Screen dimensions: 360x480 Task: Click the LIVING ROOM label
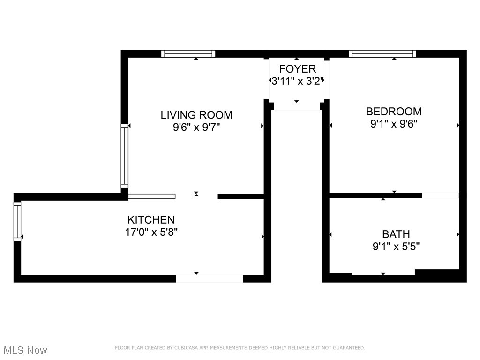tap(196, 115)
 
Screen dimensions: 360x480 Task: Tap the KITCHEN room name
tap(151, 219)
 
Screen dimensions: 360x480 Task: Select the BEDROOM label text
tap(394, 112)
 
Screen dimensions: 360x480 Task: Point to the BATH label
tap(396, 234)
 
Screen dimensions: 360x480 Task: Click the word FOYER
tap(298, 69)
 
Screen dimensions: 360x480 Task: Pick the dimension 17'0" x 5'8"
tap(151, 232)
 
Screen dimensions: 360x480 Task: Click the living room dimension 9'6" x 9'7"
tap(196, 127)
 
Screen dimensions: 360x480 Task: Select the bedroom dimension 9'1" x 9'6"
tap(394, 124)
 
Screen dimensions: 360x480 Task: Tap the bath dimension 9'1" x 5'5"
tap(396, 247)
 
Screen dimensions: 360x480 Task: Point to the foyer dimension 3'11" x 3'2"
tap(298, 81)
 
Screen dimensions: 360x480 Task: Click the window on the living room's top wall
tap(188, 54)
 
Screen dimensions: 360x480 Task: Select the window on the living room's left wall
tap(124, 156)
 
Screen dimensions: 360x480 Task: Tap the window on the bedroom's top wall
tap(382, 54)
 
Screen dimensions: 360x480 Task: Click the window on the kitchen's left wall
tap(17, 221)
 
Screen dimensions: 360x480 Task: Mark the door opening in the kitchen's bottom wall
tap(210, 278)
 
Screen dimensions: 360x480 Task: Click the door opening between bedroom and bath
tap(440, 195)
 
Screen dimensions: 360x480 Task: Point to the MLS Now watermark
tap(25, 350)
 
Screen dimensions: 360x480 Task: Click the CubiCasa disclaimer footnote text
tap(240, 348)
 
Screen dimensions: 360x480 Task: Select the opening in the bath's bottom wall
tap(383, 272)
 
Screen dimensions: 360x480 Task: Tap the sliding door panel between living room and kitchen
tap(151, 196)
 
